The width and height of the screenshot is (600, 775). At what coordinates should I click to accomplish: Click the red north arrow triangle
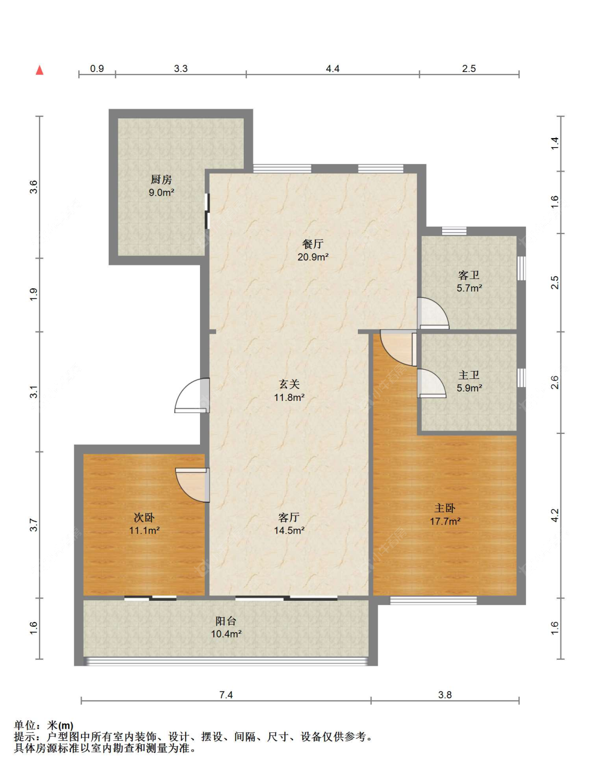pos(39,70)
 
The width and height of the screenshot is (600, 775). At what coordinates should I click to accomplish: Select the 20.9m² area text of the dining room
pos(313,257)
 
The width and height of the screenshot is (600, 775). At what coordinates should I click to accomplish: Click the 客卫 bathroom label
pos(469,275)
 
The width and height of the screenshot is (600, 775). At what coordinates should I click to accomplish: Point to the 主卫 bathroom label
pos(469,375)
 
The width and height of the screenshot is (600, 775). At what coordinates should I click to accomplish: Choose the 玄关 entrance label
pos(289,384)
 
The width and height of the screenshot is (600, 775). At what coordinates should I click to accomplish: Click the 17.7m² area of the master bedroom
pos(445,521)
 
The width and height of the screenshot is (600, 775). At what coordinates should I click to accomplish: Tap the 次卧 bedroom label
pos(144,517)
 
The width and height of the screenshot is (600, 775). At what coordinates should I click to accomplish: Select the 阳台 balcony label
pos(226,621)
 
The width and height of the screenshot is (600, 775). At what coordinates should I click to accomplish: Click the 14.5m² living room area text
pos(289,530)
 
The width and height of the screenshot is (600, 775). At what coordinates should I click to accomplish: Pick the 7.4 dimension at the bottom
pos(226,695)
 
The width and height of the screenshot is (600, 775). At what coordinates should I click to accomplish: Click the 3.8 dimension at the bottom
pos(445,695)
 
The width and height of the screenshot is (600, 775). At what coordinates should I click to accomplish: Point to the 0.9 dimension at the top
pos(97,68)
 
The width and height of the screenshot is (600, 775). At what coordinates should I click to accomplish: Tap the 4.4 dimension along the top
pos(332,68)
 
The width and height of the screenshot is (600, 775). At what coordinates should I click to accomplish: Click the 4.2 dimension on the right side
pos(555,515)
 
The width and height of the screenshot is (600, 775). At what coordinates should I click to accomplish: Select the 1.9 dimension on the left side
pos(34,294)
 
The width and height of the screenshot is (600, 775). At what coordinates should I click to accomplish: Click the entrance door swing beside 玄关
pos(191,395)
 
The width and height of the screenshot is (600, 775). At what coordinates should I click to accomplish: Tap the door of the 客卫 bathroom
pos(433,313)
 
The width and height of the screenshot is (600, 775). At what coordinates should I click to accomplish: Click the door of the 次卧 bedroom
pos(192,485)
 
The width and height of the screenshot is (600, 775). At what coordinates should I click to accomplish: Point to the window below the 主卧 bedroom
pos(433,601)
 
